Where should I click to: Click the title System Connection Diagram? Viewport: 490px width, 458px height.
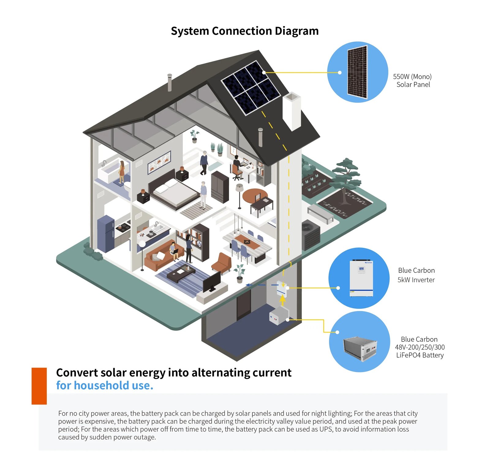[x=245, y=31]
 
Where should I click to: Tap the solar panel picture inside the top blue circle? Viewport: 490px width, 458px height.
[x=357, y=72]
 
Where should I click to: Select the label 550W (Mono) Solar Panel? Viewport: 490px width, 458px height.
[x=413, y=80]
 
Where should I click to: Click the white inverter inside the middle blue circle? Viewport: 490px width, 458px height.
[x=361, y=278]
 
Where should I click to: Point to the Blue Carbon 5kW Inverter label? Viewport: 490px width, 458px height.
[x=416, y=275]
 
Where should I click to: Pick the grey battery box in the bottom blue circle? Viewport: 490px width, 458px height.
[x=360, y=349]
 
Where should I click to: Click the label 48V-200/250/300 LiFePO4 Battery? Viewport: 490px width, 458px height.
[x=420, y=347]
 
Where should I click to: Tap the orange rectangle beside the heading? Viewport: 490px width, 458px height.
[x=39, y=386]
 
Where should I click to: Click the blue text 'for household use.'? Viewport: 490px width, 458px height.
[x=105, y=385]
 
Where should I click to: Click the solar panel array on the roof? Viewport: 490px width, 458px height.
[x=251, y=88]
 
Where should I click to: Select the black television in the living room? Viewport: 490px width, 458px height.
[x=212, y=282]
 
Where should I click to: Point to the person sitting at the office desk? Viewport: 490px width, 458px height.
[x=236, y=166]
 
